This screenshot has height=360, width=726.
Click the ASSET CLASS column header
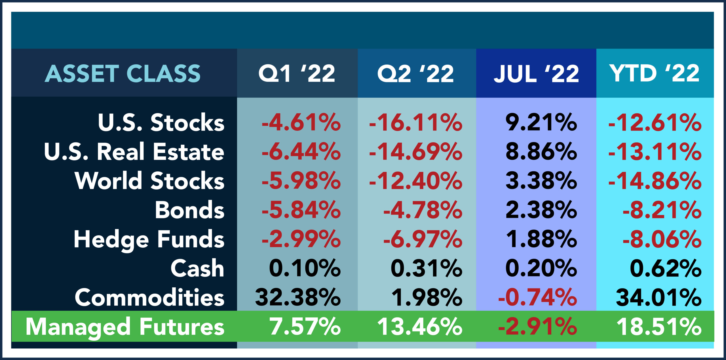pos(123,73)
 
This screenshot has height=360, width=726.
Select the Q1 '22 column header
pos(297,73)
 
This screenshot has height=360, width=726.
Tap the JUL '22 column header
pos(536,73)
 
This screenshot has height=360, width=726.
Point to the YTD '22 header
pos(655,73)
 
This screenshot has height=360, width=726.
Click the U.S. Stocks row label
pos(161,123)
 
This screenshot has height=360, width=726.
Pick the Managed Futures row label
pos(125,327)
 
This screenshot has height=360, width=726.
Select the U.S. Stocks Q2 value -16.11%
pos(415,123)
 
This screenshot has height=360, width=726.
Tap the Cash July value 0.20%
pos(541,268)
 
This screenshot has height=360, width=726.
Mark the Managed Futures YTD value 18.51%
pos(659,327)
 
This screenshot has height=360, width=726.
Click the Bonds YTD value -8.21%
pos(662,210)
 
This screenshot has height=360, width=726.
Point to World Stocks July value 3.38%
pos(541,181)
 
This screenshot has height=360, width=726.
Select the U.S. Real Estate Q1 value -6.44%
pos(301,152)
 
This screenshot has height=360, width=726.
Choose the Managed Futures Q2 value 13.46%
pos(420,327)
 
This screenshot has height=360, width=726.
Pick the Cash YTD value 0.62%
pos(665,268)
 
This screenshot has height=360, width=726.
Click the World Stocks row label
pos(149,181)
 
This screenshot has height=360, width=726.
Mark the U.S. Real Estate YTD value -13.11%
pos(655,152)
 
